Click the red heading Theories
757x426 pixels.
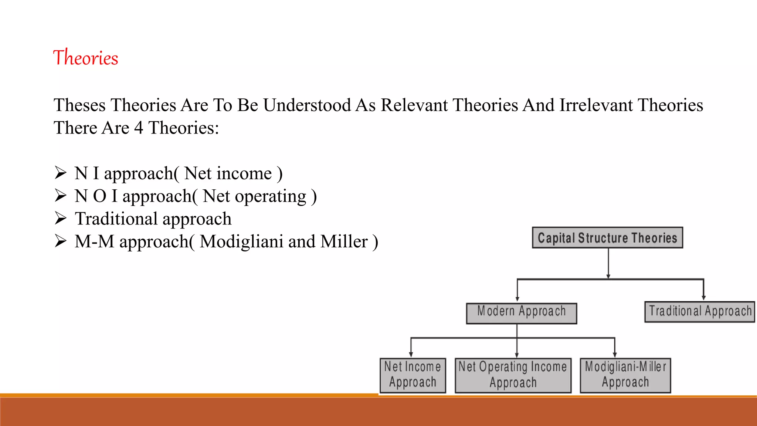(x=85, y=58)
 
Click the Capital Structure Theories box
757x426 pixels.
(x=607, y=238)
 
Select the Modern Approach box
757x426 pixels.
(x=521, y=314)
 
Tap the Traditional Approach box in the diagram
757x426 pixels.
(x=700, y=312)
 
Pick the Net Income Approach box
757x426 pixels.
(x=413, y=375)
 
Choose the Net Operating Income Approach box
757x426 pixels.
(x=513, y=375)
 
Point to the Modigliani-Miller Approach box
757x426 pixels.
(x=625, y=375)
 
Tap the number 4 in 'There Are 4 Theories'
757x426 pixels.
(x=138, y=128)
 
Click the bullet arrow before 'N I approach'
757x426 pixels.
(x=60, y=173)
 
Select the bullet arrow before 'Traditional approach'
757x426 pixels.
(x=60, y=218)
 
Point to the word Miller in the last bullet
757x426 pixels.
(x=344, y=242)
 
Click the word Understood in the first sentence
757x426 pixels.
(x=307, y=105)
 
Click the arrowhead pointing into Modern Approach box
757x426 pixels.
(x=517, y=299)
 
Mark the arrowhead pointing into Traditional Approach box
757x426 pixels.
(x=703, y=298)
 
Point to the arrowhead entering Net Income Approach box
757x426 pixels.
(x=411, y=354)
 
